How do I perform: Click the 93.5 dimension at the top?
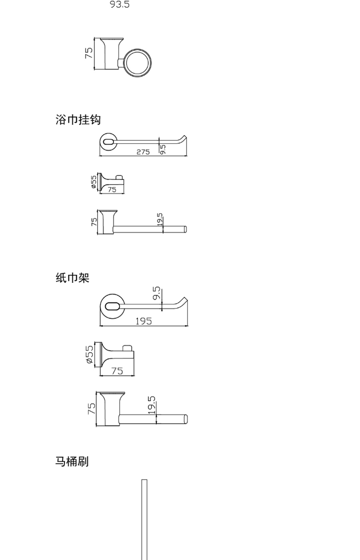[x=120, y=4]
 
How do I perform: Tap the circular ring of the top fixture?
[x=138, y=50]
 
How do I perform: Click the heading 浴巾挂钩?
[x=78, y=120]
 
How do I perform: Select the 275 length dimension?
[x=143, y=152]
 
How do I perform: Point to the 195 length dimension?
[x=144, y=321]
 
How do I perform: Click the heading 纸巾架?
[x=72, y=278]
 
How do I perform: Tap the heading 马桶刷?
[x=72, y=461]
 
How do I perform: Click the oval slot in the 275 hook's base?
[x=109, y=142]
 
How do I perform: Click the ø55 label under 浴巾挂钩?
[x=94, y=182]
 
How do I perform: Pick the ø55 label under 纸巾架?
[x=90, y=354]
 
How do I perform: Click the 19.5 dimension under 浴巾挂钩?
[x=160, y=219]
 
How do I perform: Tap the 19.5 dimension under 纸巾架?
[x=152, y=405]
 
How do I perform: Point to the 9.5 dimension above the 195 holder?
[x=157, y=293]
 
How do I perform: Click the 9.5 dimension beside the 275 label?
[x=162, y=150]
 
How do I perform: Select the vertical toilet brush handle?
[x=144, y=520]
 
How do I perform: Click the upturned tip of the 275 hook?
[x=186, y=136]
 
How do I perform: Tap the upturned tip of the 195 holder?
[x=185, y=298]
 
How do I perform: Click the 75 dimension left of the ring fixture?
[x=89, y=53]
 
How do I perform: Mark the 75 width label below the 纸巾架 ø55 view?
[x=117, y=371]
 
